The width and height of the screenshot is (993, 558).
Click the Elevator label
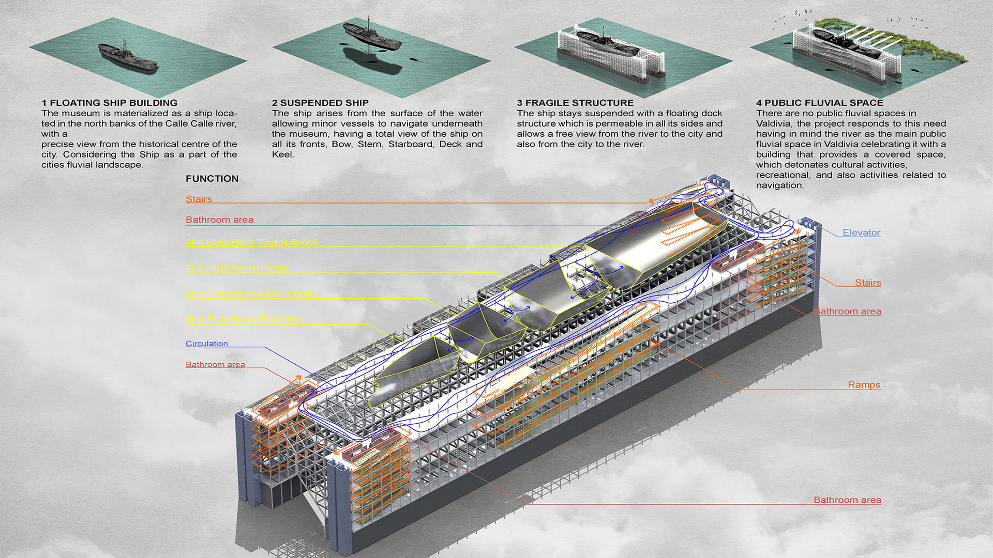tap(861, 233)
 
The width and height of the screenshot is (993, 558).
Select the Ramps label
tap(864, 384)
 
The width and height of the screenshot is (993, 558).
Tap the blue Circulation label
tap(206, 344)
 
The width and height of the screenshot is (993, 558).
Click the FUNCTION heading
tap(212, 179)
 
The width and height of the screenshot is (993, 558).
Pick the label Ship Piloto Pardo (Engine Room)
tap(251, 242)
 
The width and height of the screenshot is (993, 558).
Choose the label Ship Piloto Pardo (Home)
tap(236, 268)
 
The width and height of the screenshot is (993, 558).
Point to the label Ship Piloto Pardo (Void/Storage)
tap(250, 293)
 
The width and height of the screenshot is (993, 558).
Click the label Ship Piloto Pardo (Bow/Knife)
tap(245, 319)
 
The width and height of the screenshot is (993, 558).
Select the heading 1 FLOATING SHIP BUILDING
tap(109, 103)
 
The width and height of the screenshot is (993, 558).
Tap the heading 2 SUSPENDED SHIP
tap(320, 103)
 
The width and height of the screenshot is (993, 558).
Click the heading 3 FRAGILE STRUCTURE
tap(575, 103)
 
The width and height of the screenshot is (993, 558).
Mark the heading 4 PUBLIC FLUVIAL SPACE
tap(819, 103)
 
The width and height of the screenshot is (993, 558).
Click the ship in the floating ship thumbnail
tap(127, 57)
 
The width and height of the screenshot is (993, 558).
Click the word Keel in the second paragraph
tap(282, 154)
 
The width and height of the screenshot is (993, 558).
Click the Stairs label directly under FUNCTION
tap(199, 199)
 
